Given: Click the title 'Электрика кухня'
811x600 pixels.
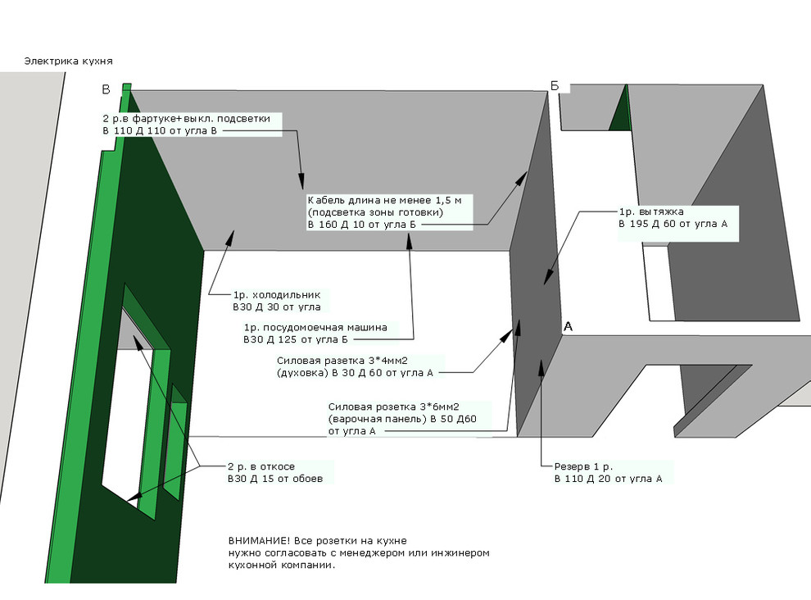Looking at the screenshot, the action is (x=68, y=61).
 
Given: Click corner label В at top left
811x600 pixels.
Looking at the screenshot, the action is (x=106, y=89).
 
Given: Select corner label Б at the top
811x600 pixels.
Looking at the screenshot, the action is (x=555, y=86).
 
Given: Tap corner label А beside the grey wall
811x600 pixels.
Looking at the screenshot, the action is (x=568, y=327).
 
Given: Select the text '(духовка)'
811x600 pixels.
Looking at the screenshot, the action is (x=302, y=373).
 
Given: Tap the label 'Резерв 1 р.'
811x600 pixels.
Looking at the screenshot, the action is (x=583, y=466).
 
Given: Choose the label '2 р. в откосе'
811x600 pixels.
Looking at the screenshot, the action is (x=261, y=466).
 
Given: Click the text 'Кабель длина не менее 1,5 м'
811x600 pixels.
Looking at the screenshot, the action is (x=384, y=200).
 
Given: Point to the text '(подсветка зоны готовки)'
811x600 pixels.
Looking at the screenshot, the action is (x=375, y=212).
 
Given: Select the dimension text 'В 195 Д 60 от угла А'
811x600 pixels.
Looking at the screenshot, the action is (x=673, y=224).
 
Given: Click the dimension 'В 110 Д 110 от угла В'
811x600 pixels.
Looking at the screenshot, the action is (x=159, y=131).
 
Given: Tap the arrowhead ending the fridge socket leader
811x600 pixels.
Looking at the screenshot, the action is (x=231, y=236).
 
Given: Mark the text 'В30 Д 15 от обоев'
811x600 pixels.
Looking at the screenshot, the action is (x=275, y=479).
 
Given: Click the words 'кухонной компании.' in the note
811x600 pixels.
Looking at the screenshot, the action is (x=282, y=566).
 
